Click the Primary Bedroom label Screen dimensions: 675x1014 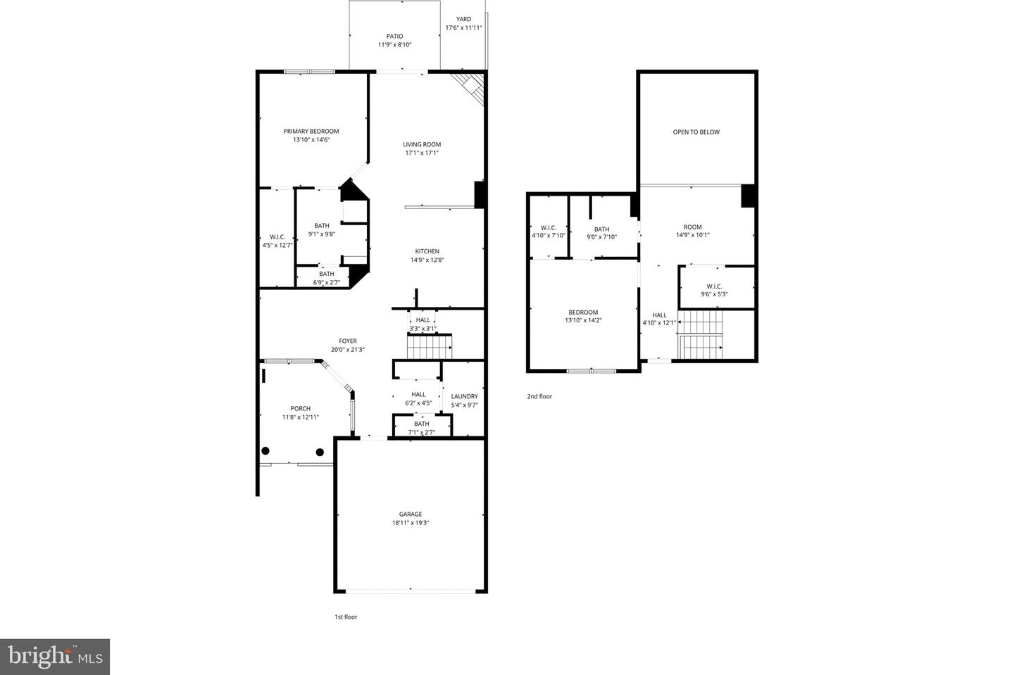tap(311, 132)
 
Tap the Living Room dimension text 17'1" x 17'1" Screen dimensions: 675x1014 tap(422, 153)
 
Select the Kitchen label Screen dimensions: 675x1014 tap(427, 251)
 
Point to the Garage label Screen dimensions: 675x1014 tap(411, 515)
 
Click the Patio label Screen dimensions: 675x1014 tap(394, 37)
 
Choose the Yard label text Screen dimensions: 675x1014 tap(463, 20)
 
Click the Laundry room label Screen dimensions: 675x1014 tap(464, 396)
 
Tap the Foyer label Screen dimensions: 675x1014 tap(348, 341)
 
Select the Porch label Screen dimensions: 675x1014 tap(301, 409)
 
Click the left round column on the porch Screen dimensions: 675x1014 tap(265, 451)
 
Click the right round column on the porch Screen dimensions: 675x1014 tap(320, 452)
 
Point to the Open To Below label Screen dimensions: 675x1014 tap(696, 132)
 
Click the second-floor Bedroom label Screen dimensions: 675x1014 tap(583, 313)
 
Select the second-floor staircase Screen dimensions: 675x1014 tap(701, 334)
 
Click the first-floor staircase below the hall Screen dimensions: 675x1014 tap(430, 346)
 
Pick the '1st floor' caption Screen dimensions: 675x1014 tap(346, 617)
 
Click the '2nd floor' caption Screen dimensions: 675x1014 tap(539, 397)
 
